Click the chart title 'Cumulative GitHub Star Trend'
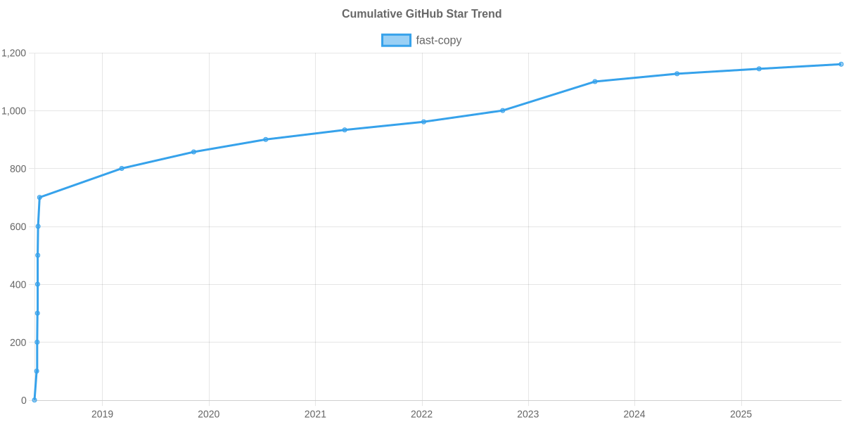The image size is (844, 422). click(x=421, y=14)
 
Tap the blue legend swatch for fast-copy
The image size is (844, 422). click(x=396, y=40)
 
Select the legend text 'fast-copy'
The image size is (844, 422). click(x=438, y=40)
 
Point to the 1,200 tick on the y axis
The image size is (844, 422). click(x=14, y=53)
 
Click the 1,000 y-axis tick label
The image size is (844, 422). click(x=14, y=111)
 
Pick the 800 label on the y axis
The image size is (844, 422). click(x=18, y=169)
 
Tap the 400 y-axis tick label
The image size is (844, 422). click(x=18, y=285)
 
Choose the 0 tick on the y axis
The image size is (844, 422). click(x=24, y=400)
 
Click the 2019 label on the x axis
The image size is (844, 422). click(x=102, y=414)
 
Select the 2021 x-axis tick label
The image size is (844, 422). click(x=315, y=414)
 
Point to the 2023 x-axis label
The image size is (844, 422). click(x=527, y=414)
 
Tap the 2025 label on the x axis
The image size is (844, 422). click(x=741, y=414)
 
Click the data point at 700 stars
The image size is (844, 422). click(x=39, y=198)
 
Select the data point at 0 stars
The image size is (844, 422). click(x=34, y=400)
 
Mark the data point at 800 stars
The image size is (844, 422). click(x=122, y=168)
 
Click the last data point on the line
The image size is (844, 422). click(x=841, y=64)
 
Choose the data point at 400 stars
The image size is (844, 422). click(x=37, y=284)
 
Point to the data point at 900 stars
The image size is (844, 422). click(x=266, y=139)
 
